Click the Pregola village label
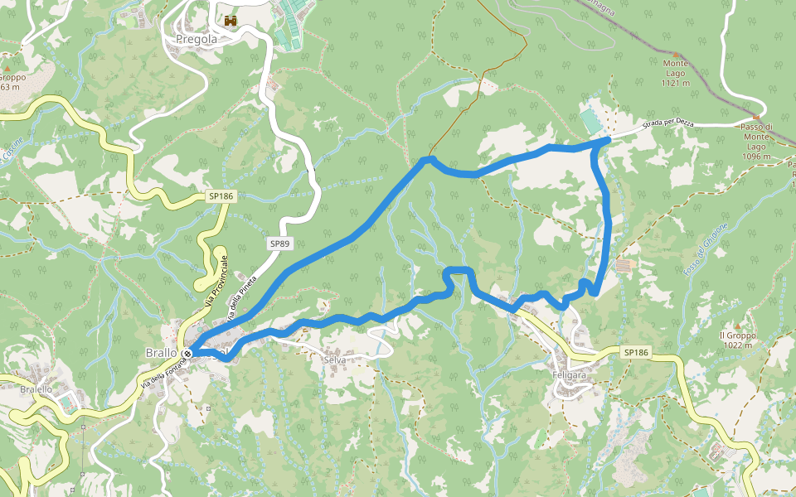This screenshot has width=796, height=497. click(197, 39)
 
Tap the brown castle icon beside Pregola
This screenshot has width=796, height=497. click(231, 20)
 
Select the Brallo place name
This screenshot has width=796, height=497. click(161, 353)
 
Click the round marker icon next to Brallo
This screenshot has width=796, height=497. click(187, 354)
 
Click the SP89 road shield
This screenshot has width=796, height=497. click(279, 244)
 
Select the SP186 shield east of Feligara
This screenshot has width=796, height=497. click(635, 353)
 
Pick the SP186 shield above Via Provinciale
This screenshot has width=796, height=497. click(221, 196)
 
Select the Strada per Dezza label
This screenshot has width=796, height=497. click(667, 126)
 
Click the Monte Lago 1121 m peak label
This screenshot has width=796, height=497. click(676, 73)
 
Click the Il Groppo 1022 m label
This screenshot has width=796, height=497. click(736, 340)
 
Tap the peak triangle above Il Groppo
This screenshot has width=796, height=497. click(735, 325)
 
